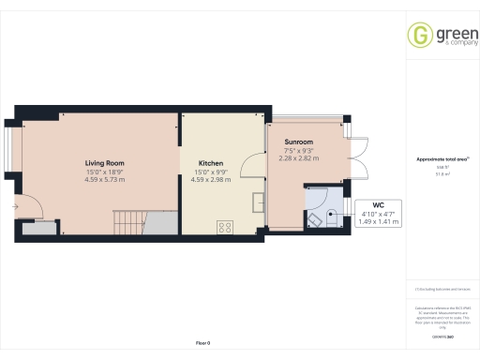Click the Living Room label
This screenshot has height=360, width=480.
pos(105,163)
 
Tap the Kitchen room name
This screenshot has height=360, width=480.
pos(210,163)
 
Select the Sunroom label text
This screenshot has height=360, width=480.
pos(299,141)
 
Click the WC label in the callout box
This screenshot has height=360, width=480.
pos(378,204)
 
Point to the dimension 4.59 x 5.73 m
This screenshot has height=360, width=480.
pos(105,179)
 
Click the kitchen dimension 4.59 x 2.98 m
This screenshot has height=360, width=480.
pos(210,179)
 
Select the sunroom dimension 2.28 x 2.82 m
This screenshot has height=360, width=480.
pos(299,157)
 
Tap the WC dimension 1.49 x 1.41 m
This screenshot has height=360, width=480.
pos(378,221)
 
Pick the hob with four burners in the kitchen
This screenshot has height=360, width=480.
pos(225,226)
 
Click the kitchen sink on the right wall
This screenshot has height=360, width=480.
pos(257,200)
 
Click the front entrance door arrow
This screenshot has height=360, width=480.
pos(16,205)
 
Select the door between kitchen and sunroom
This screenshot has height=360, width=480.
pos(252,165)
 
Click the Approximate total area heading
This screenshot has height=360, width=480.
pos(441,159)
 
